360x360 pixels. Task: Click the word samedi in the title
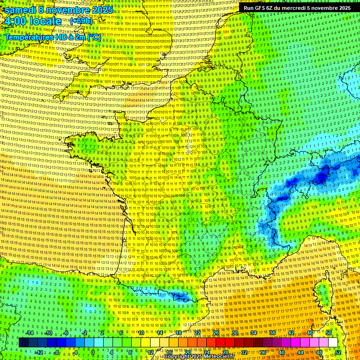pyautogui.click(x=22, y=10)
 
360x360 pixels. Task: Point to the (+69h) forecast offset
pyautogui.click(x=81, y=21)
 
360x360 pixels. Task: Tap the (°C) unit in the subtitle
pyautogui.click(x=94, y=37)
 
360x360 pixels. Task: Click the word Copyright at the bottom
pyautogui.click(x=177, y=357)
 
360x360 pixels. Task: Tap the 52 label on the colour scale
pyautogui.click(x=338, y=352)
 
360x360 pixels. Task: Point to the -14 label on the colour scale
pyautogui.click(x=29, y=333)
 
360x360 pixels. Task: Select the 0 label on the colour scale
pyautogui.click(x=92, y=352)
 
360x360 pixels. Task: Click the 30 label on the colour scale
pyautogui.click(x=234, y=333)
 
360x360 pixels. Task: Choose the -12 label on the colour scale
pyautogui.click(x=39, y=352)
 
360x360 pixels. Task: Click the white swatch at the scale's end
pyautogui.click(x=333, y=343)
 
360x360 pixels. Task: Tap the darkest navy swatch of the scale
pyautogui.click(x=23, y=343)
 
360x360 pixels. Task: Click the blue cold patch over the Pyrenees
pyautogui.click(x=180, y=296)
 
